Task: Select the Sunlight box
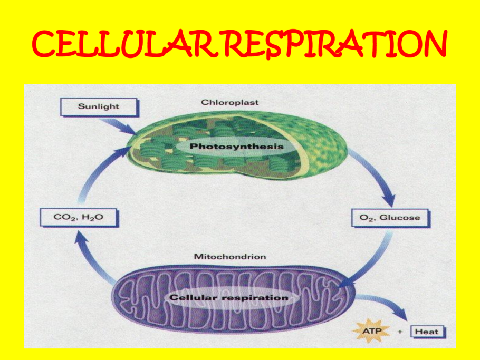tap(99, 107)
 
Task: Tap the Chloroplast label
tap(230, 102)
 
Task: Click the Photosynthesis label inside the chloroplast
tap(236, 146)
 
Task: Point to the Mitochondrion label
tap(230, 257)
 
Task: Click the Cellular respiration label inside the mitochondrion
tap(229, 298)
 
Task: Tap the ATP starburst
tap(371, 332)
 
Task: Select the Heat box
tap(428, 332)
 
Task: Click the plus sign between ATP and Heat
tap(400, 332)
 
